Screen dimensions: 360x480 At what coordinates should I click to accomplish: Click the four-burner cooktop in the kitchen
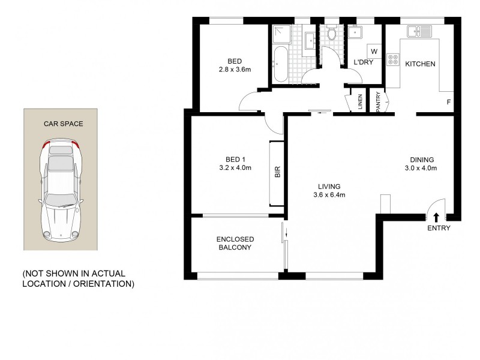pyautogui.click(x=394, y=60)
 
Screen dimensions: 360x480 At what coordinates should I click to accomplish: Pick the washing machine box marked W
pyautogui.click(x=374, y=51)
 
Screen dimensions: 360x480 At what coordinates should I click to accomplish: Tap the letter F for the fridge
pyautogui.click(x=448, y=103)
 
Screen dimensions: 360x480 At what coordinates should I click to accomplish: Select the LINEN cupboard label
pyautogui.click(x=359, y=102)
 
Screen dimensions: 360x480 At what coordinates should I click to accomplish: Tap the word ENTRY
pyautogui.click(x=439, y=229)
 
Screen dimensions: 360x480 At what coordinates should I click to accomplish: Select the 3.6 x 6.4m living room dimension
pyautogui.click(x=329, y=194)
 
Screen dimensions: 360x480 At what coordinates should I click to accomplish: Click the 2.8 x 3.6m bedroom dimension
pyautogui.click(x=235, y=70)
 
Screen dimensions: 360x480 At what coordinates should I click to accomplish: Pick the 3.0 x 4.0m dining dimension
pyautogui.click(x=422, y=169)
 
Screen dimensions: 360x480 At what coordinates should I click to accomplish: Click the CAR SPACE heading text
pyautogui.click(x=63, y=124)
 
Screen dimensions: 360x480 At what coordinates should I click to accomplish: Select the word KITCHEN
pyautogui.click(x=420, y=64)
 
